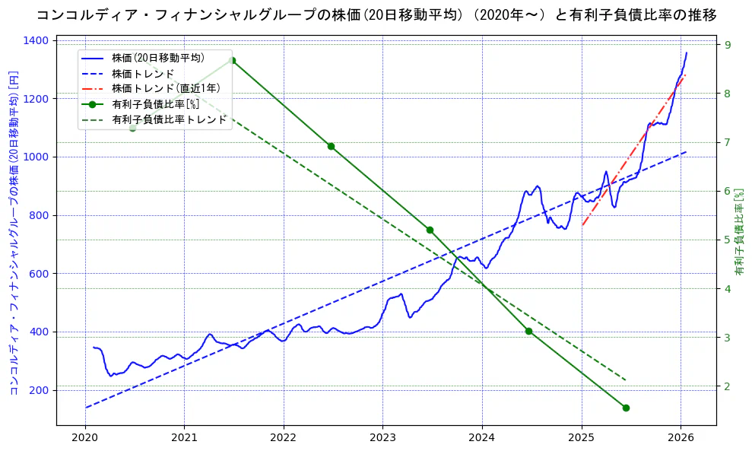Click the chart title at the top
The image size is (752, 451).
(376, 14)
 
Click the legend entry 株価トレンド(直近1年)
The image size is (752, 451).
(166, 88)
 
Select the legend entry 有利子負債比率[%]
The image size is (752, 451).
(155, 104)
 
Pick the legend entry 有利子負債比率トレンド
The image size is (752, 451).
(169, 119)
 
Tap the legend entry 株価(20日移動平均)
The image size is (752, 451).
(157, 57)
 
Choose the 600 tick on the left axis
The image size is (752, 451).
(40, 274)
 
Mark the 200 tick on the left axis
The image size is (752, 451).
(40, 390)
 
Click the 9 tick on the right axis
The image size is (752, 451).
(727, 45)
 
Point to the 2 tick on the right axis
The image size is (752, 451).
(727, 386)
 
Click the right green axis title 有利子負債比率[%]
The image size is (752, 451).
(740, 232)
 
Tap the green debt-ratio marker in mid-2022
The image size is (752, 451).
(331, 146)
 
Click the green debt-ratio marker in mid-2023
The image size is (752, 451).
(430, 230)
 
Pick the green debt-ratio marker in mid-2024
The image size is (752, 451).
(528, 331)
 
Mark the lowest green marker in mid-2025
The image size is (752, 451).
(626, 408)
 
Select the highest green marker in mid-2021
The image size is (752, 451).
(232, 61)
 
